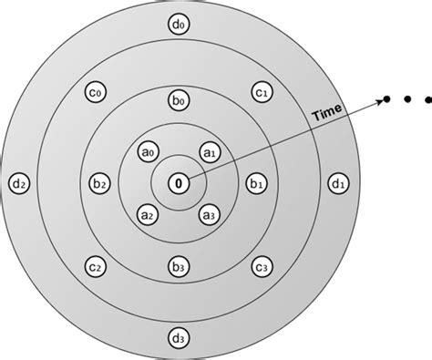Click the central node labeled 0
[179, 183]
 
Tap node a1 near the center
[210, 151]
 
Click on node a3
[210, 215]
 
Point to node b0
[179, 100]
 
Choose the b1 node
[257, 183]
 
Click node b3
[179, 267]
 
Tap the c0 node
[95, 93]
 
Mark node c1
[262, 93]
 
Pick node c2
[95, 267]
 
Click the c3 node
[262, 267]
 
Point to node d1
[338, 183]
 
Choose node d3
[179, 340]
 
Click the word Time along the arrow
[326, 112]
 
